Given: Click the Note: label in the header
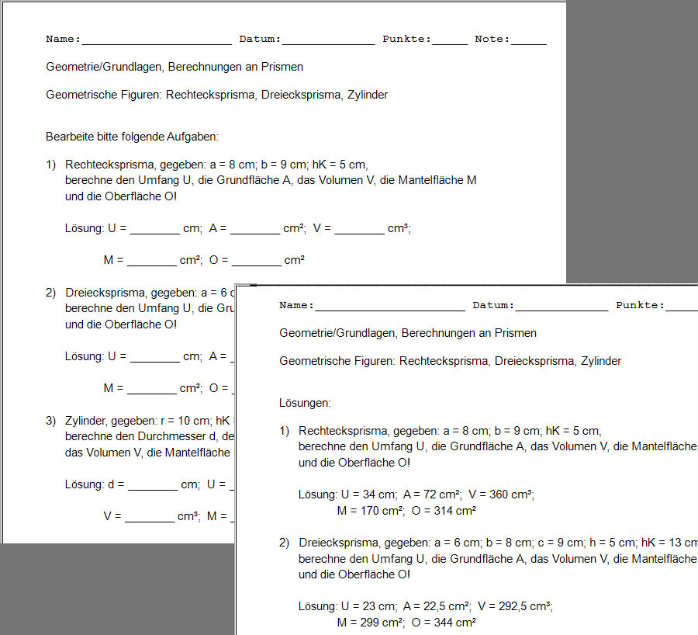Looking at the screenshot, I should (x=492, y=39).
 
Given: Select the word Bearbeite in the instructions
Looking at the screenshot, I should (x=69, y=137).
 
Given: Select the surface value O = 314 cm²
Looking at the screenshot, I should (x=445, y=511).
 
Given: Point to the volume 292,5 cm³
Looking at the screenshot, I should (x=527, y=606).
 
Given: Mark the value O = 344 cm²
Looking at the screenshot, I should (x=445, y=623).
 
